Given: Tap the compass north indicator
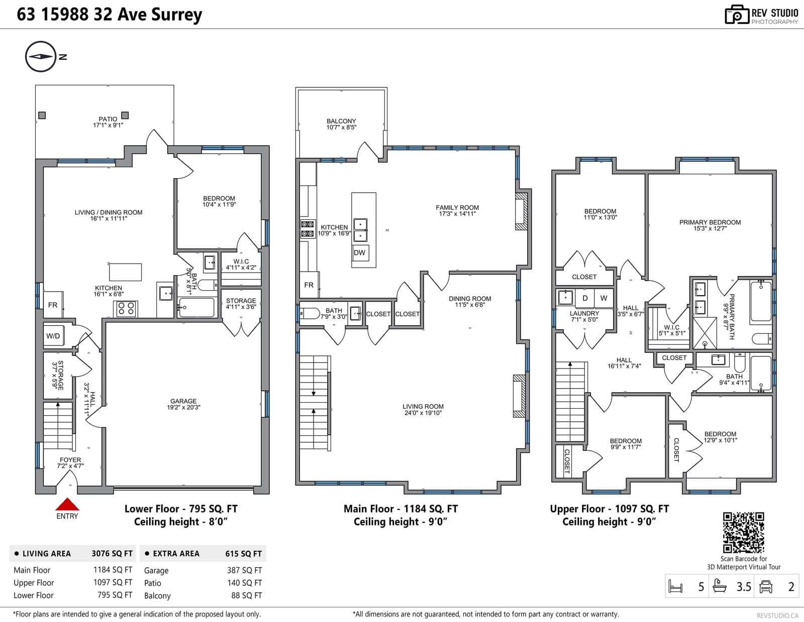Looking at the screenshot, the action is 41,57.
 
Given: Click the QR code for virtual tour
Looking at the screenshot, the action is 743,533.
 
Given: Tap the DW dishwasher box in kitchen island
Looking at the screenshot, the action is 360,253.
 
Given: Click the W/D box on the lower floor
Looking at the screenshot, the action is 53,335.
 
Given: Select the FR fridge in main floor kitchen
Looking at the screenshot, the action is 309,285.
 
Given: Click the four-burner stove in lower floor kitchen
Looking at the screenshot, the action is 126,309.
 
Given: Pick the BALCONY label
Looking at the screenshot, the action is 341,121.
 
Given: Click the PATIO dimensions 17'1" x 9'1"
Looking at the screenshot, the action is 108,126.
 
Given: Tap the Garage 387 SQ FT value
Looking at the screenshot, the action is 244,570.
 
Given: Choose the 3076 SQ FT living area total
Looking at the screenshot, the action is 112,553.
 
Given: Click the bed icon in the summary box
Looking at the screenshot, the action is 675,586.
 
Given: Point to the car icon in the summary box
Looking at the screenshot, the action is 766,586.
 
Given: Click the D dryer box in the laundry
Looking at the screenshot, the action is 585,298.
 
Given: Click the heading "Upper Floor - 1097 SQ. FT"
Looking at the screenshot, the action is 610,509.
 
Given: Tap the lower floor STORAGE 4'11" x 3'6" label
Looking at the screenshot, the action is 241,303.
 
